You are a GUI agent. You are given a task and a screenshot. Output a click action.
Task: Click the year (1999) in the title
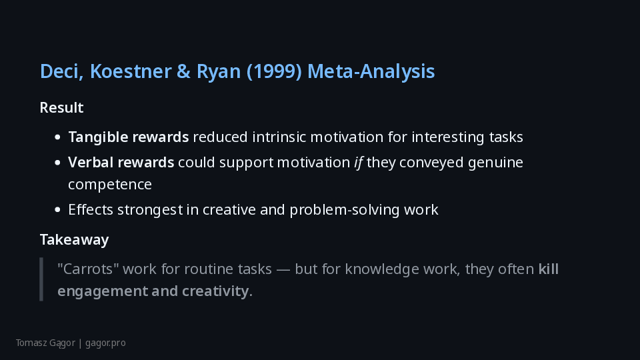point(274,71)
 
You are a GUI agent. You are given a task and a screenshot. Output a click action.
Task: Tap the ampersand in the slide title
point(184,71)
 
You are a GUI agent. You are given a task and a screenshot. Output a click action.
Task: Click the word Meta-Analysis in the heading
point(371,71)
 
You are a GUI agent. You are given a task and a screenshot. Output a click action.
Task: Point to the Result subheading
point(61,108)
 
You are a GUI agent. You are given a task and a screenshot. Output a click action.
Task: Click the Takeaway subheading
point(74,239)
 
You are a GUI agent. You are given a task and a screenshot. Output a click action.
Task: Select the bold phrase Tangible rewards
point(129,137)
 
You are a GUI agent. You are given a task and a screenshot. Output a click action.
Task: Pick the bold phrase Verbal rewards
point(121,163)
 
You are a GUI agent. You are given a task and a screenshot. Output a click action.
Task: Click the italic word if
point(359,163)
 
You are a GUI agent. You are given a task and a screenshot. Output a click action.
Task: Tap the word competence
point(110,185)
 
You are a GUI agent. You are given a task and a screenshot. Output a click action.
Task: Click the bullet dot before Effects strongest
point(57,210)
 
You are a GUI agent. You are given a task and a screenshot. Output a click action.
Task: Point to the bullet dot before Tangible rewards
point(57,137)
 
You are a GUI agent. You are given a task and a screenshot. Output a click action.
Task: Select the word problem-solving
point(345,210)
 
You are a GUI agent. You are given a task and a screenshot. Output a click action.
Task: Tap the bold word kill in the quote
point(549,269)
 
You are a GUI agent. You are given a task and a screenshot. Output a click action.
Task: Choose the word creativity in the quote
point(215,291)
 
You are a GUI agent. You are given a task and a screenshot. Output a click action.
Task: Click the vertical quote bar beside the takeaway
point(41,279)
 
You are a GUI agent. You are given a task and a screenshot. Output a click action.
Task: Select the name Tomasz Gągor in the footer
point(46,343)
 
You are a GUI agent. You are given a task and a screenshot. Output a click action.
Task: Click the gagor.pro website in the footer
point(105,343)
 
